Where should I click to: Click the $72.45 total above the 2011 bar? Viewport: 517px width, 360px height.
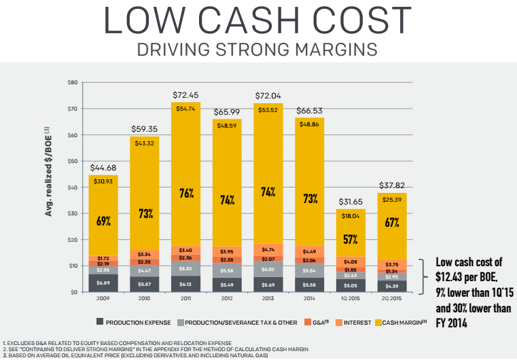185,96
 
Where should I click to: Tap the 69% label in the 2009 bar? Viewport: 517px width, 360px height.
103,221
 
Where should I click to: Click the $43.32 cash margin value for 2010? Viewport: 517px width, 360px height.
144,142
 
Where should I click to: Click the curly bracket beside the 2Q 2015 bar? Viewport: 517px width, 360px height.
421,275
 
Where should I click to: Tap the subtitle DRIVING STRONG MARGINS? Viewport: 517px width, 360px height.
258,50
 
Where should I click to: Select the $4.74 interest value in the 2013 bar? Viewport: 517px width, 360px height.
268,250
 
